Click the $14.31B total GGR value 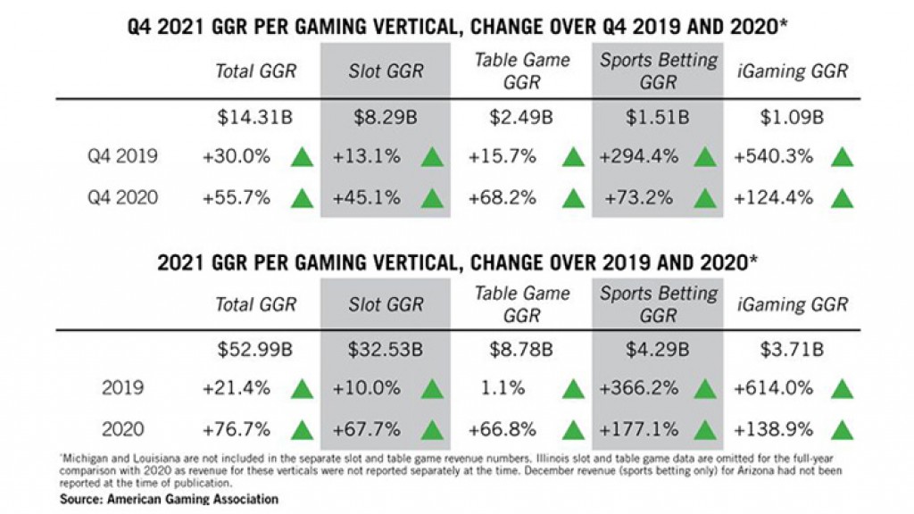(255, 117)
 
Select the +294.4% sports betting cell (636, 157)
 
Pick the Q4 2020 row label (122, 197)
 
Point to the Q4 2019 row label (122, 157)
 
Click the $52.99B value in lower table (255, 350)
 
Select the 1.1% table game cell (503, 389)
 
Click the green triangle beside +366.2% (705, 389)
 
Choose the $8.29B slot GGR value (386, 117)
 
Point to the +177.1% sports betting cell (636, 429)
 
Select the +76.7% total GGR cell (237, 429)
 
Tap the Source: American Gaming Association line (169, 499)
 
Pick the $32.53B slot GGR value (386, 350)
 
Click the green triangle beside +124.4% (841, 197)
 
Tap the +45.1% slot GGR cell (367, 197)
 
